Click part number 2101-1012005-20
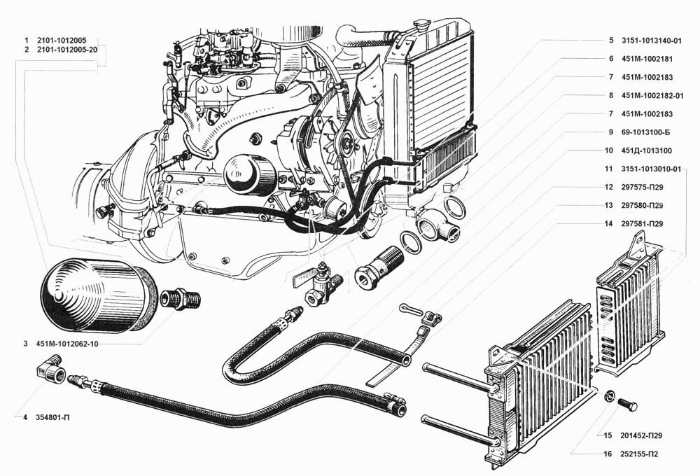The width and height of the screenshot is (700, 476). click(67, 50)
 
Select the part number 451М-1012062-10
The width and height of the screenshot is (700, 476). click(67, 344)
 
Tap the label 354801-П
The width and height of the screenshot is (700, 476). click(52, 417)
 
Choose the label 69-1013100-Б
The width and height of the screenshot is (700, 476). click(645, 132)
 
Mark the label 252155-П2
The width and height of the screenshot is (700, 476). click(639, 454)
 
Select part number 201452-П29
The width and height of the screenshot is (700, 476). click(641, 435)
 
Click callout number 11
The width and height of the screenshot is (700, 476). click(608, 169)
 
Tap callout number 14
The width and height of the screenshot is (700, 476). click(608, 224)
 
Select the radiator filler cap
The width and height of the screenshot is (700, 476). click(420, 24)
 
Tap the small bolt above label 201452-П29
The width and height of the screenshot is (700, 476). click(628, 404)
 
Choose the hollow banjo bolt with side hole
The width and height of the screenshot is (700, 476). click(379, 265)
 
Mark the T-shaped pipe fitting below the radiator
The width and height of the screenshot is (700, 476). click(437, 226)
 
